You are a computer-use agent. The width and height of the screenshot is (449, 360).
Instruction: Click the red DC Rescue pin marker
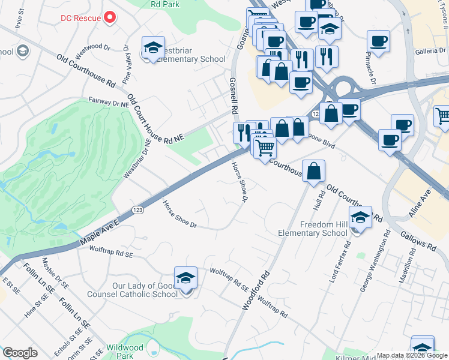pyautogui.click(x=109, y=17)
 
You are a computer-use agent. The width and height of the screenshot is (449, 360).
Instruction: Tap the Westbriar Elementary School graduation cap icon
pyautogui.click(x=153, y=48)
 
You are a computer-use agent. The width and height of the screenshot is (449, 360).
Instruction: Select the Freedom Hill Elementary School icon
pyautogui.click(x=360, y=218)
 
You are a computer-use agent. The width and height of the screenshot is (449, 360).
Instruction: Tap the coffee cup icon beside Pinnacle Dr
pyautogui.click(x=378, y=41)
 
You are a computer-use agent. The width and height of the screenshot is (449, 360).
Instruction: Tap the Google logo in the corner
pyautogui.click(x=20, y=353)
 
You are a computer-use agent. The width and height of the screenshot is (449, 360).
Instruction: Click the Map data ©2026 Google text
pyautogui.click(x=412, y=355)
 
